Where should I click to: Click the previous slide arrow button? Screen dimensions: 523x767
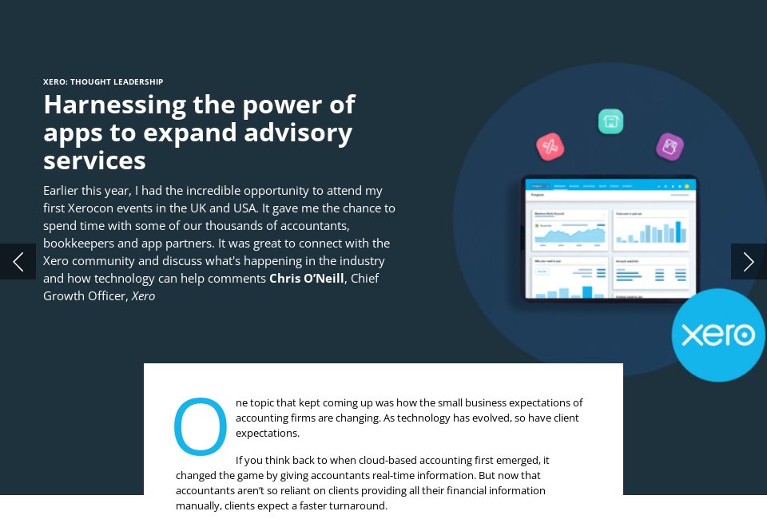pos(18,261)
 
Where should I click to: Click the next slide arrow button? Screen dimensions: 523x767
pos(749,261)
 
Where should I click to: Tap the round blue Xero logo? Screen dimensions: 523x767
pos(717,335)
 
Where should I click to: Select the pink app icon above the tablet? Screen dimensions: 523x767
pos(550,146)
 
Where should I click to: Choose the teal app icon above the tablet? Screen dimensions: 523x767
pos(610,121)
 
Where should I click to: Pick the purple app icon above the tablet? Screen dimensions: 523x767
pos(670,146)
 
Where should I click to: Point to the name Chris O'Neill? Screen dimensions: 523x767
pos(307,279)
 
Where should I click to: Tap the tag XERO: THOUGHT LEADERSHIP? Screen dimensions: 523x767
pos(103,81)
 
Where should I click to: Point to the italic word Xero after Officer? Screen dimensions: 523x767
pos(143,296)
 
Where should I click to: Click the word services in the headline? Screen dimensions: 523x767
pos(94,160)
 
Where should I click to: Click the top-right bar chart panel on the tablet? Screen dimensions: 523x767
pos(650,230)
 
